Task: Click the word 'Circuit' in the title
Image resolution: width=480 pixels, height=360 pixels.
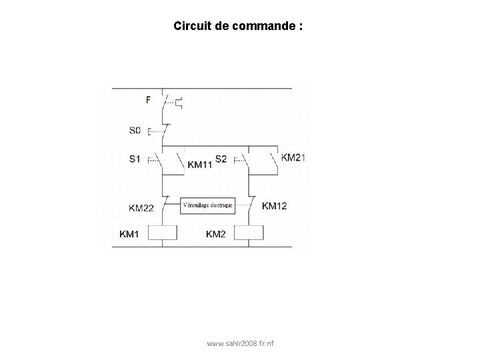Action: tap(189, 27)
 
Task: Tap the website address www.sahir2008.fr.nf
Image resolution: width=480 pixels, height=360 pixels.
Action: tap(244, 344)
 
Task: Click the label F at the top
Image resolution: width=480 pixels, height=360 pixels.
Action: tap(148, 100)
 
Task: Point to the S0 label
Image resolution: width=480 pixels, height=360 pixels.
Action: tap(135, 130)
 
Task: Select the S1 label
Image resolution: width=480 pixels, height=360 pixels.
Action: tap(135, 159)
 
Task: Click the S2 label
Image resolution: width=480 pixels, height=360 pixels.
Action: tap(221, 159)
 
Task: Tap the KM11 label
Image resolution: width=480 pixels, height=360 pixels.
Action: tap(200, 164)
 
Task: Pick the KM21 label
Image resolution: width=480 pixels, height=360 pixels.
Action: tap(293, 157)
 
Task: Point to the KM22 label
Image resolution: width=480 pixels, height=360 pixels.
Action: tap(141, 208)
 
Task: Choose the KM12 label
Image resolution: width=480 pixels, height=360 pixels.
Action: tap(275, 206)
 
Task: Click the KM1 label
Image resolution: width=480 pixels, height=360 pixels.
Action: tap(130, 234)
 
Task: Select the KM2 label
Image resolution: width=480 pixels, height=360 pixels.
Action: tap(217, 234)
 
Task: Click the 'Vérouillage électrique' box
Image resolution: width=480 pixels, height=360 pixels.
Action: tap(208, 205)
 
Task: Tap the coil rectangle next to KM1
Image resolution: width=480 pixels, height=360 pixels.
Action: tap(162, 233)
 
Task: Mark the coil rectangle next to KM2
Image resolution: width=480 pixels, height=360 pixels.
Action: tap(249, 233)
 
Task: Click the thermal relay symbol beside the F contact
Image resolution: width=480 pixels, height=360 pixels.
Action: tap(178, 102)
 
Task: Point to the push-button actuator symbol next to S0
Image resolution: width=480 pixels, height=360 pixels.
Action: tap(150, 131)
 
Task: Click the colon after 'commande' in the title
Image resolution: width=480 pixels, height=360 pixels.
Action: tap(301, 27)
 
